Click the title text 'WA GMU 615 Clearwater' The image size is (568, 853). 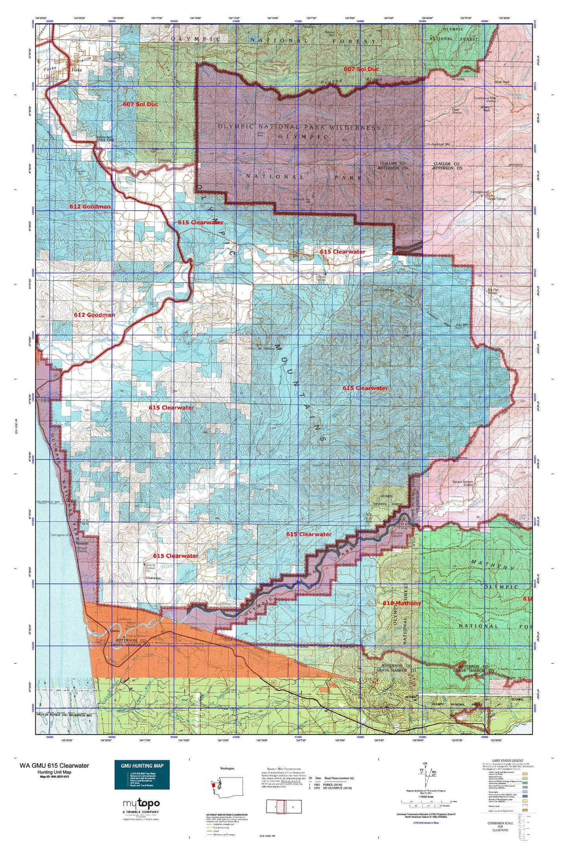click(54, 765)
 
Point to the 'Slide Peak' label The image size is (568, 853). click(502, 82)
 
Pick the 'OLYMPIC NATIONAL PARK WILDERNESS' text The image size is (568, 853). click(299, 127)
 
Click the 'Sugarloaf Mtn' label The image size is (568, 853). click(446, 144)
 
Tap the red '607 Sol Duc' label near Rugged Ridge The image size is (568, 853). click(361, 69)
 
